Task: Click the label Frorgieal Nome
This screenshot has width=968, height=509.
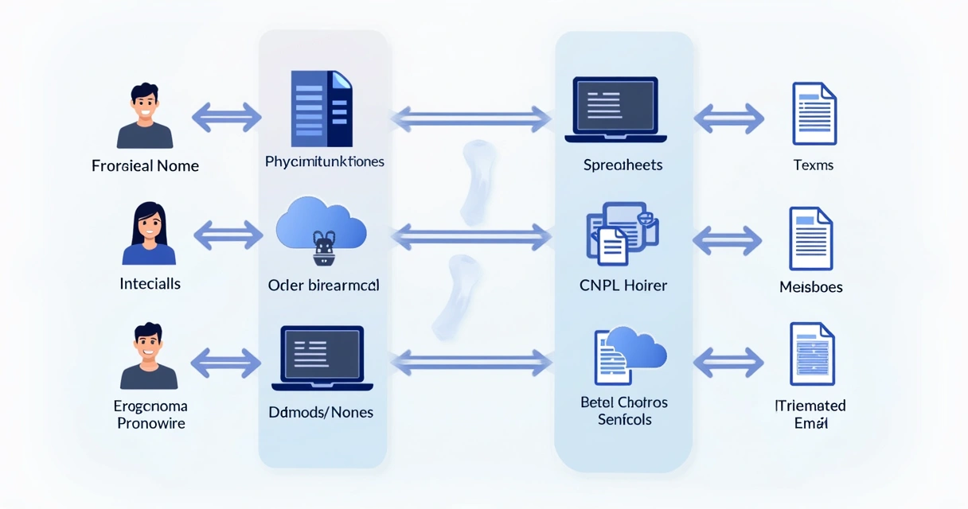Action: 145,166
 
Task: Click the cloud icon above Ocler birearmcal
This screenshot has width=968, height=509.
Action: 321,231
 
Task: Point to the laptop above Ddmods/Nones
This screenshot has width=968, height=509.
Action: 322,359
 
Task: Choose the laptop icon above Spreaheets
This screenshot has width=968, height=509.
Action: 615,110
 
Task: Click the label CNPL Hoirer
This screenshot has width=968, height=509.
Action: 623,285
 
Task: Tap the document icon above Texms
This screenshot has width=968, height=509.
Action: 814,114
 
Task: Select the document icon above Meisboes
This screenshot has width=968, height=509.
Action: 810,239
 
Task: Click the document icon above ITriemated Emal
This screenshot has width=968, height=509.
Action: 811,355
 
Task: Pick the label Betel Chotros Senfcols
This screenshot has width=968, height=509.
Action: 624,410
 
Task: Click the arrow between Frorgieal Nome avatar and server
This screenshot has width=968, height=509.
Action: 227,118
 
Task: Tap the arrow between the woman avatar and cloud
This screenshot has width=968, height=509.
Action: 228,235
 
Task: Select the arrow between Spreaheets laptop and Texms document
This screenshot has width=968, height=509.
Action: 728,119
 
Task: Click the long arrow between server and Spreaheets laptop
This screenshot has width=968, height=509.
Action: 470,119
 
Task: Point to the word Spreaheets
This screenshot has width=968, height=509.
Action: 623,165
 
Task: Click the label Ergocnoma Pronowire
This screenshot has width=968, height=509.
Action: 150,414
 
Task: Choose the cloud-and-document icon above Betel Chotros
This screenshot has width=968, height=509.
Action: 630,355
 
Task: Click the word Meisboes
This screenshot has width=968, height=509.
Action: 810,287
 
